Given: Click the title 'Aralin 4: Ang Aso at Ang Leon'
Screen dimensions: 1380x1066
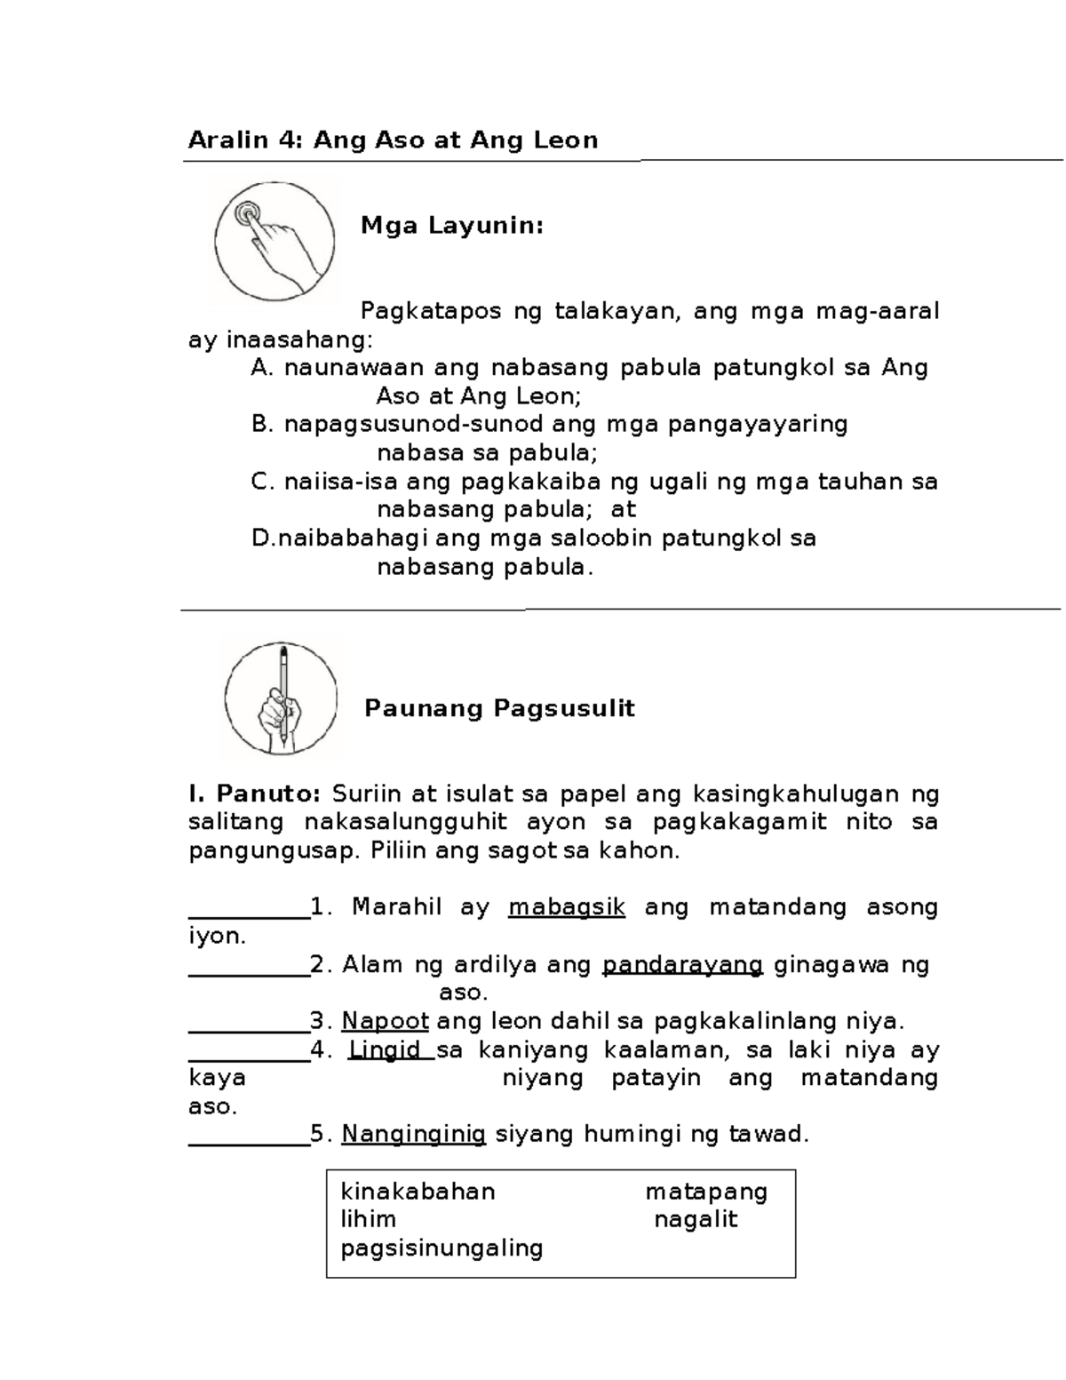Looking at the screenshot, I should [x=393, y=140].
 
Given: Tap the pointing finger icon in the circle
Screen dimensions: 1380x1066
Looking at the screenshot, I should [x=274, y=237].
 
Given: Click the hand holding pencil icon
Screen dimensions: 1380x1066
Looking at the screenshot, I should [x=281, y=698].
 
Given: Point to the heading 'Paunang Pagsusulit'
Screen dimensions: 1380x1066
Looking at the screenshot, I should [x=499, y=708].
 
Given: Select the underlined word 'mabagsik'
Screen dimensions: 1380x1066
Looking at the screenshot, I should [x=567, y=907].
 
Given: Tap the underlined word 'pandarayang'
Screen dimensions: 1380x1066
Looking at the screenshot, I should [x=682, y=964].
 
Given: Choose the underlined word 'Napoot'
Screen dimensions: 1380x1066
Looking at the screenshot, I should [x=386, y=1021].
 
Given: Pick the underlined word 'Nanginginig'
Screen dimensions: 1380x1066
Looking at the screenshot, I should [x=414, y=1134].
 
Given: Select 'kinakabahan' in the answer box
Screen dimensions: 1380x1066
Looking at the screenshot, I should [x=418, y=1192].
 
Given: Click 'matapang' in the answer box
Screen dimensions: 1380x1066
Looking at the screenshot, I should [x=706, y=1192].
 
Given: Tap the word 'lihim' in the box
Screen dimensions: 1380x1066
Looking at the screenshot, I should [x=368, y=1219].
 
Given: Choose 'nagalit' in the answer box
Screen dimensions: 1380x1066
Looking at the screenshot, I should [x=696, y=1219].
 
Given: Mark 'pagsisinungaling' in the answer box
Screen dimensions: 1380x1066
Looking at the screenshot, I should [x=442, y=1248].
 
